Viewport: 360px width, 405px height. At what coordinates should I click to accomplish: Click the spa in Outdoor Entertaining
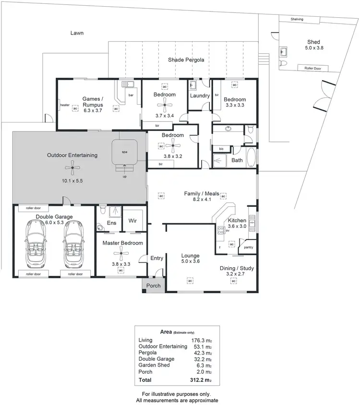(125, 152)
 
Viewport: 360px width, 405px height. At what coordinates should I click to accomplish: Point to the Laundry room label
(200, 95)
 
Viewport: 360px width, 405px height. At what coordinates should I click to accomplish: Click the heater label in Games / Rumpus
(65, 105)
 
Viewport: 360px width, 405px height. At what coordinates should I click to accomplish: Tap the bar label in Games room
(130, 95)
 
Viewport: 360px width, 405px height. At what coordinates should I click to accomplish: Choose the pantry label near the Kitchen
(248, 247)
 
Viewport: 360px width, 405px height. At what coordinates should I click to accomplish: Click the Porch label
(154, 286)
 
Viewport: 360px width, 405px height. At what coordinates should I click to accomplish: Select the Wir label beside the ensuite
(132, 221)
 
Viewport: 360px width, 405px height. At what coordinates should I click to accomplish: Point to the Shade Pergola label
(186, 60)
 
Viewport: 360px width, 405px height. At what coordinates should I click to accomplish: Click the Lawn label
(77, 33)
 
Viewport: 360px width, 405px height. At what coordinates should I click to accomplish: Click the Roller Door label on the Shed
(312, 69)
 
